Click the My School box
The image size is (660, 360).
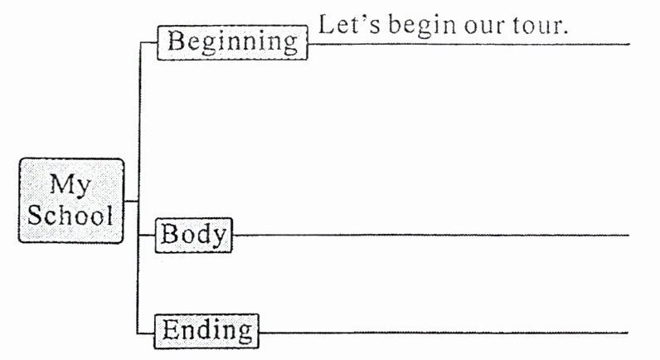(x=71, y=200)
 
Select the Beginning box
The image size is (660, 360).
(x=232, y=42)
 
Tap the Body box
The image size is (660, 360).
(x=194, y=235)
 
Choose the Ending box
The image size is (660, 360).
(x=207, y=331)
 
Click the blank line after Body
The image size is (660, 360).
(x=431, y=235)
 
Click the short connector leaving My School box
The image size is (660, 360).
(x=131, y=200)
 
